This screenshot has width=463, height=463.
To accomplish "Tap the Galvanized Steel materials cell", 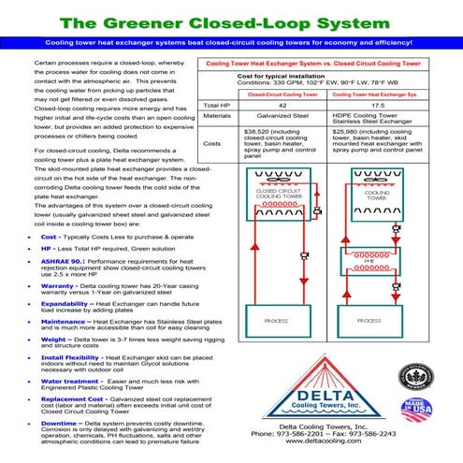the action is (270, 118).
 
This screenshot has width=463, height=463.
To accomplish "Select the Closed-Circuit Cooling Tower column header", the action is (270, 94).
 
